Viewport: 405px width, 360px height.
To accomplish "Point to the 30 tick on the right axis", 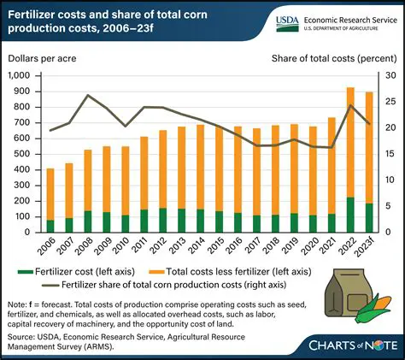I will tap(385, 76).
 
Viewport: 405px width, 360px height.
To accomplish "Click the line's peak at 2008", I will tap(111, 95).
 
